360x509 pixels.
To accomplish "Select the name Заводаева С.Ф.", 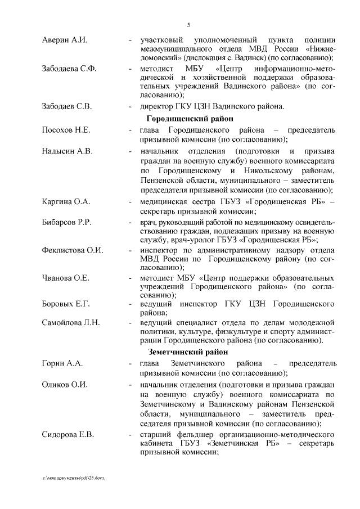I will [69, 69].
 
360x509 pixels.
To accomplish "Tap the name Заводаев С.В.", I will [67, 106].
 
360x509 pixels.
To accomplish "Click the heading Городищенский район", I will [186, 118].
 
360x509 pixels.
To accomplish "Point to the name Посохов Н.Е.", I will [66, 130].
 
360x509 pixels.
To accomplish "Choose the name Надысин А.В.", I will [67, 152].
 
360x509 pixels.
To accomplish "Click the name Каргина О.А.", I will [66, 201].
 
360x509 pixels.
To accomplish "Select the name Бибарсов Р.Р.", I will [67, 223].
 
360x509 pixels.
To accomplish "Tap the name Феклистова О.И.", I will [73, 250].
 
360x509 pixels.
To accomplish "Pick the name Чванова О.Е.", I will [66, 278].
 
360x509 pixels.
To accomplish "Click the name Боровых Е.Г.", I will [66, 304].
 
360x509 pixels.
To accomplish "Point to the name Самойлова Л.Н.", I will [71, 322].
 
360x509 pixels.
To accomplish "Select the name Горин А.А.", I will [62, 363].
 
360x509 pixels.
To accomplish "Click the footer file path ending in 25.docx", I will [74, 477].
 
